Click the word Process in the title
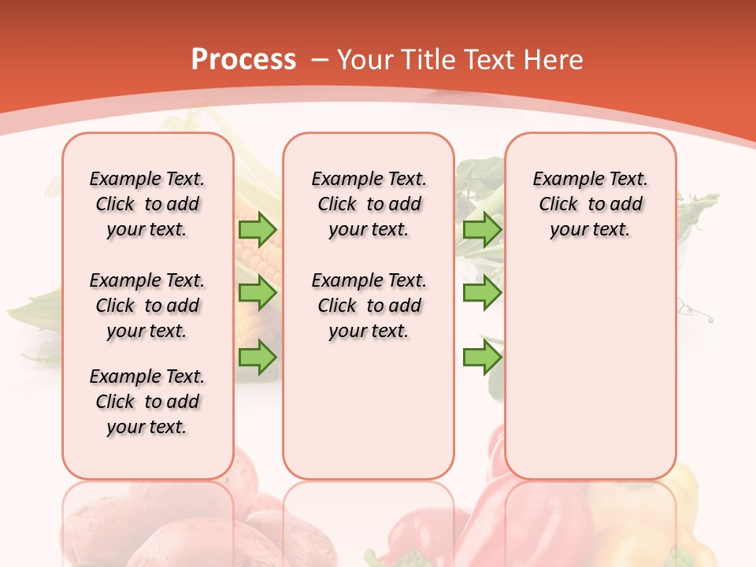click(x=243, y=60)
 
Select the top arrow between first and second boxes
click(x=257, y=229)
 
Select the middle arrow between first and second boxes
click(x=257, y=293)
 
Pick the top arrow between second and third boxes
click(x=482, y=229)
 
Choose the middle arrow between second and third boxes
click(x=482, y=293)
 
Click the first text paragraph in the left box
click(x=147, y=204)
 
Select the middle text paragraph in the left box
click(x=147, y=306)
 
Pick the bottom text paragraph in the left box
click(x=147, y=402)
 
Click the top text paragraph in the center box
click(x=369, y=204)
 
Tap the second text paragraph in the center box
click(x=369, y=306)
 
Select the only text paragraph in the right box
click(x=590, y=204)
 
